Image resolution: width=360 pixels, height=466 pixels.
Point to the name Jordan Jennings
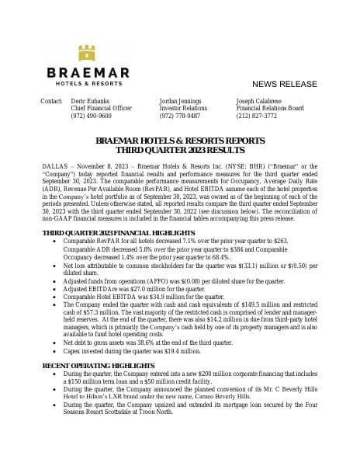180,102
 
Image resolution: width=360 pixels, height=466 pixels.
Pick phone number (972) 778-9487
179,116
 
